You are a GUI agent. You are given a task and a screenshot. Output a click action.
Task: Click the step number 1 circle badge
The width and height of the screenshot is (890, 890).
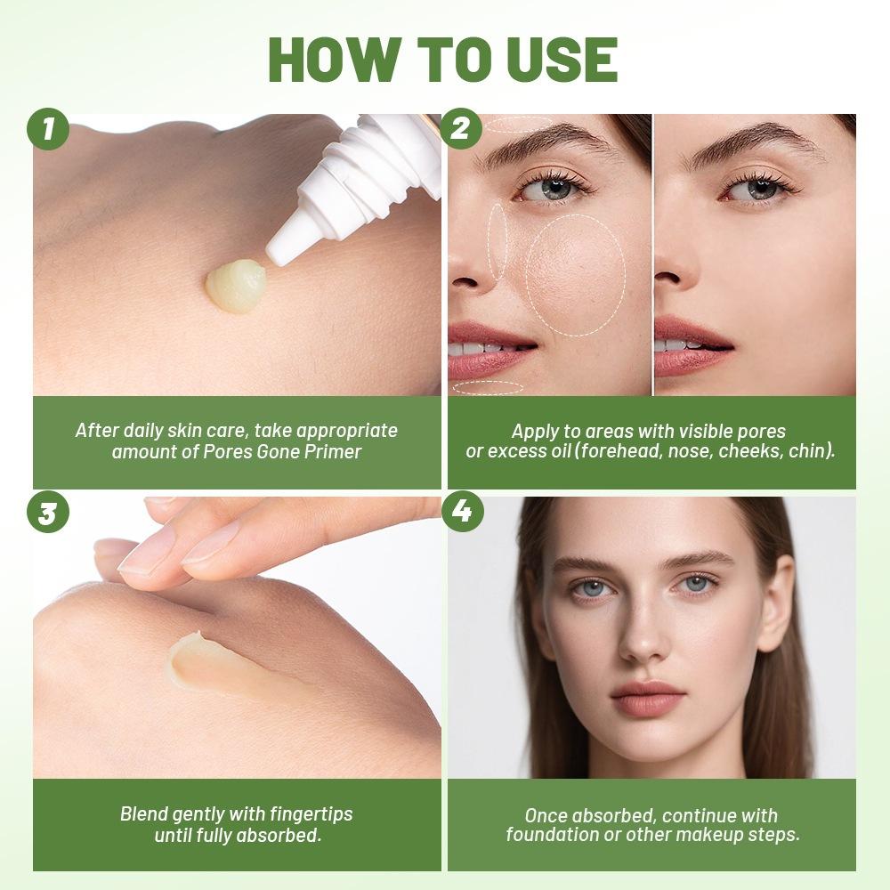(x=49, y=131)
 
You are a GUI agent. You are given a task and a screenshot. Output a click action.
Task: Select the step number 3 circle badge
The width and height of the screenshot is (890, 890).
(x=49, y=514)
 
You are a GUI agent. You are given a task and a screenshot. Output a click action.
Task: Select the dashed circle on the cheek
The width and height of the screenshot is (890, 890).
(x=575, y=275)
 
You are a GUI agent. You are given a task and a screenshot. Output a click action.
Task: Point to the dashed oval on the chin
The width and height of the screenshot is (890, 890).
(x=488, y=387)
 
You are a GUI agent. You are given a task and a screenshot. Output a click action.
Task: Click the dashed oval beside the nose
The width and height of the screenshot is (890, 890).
(x=498, y=240)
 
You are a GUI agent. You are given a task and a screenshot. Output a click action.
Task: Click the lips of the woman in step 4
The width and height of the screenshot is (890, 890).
(x=646, y=698)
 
